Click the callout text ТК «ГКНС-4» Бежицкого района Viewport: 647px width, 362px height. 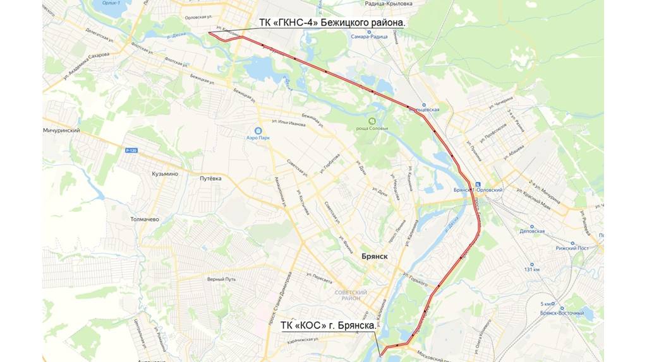tap(332, 23)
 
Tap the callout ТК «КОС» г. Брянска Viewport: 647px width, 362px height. tap(328, 326)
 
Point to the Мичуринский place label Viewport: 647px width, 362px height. tap(62, 130)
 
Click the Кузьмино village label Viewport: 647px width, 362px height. tap(165, 173)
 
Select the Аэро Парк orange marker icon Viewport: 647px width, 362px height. tap(259, 126)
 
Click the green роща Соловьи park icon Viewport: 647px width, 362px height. tap(373, 120)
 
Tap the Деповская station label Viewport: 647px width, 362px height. tap(531, 231)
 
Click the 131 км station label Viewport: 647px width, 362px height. tap(531, 269)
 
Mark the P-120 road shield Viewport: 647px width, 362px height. tap(131, 150)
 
